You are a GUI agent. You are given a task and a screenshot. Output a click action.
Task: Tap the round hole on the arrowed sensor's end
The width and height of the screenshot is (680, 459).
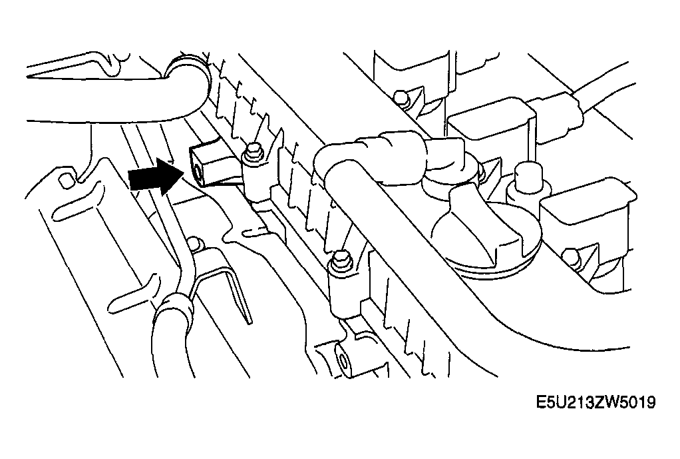198,171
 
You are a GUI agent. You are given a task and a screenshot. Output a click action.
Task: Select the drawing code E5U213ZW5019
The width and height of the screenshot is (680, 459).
596,402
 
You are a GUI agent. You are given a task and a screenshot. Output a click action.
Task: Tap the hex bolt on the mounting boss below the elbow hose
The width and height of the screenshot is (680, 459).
339,261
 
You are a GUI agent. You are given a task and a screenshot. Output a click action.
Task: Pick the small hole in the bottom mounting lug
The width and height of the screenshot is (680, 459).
343,361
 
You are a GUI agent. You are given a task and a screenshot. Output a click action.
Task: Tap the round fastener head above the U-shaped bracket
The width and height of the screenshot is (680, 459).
196,243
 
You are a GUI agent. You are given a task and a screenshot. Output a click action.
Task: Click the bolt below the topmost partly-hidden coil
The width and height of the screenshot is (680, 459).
401,97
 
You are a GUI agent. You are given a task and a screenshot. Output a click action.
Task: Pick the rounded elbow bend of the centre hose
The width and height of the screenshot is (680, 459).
334,161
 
